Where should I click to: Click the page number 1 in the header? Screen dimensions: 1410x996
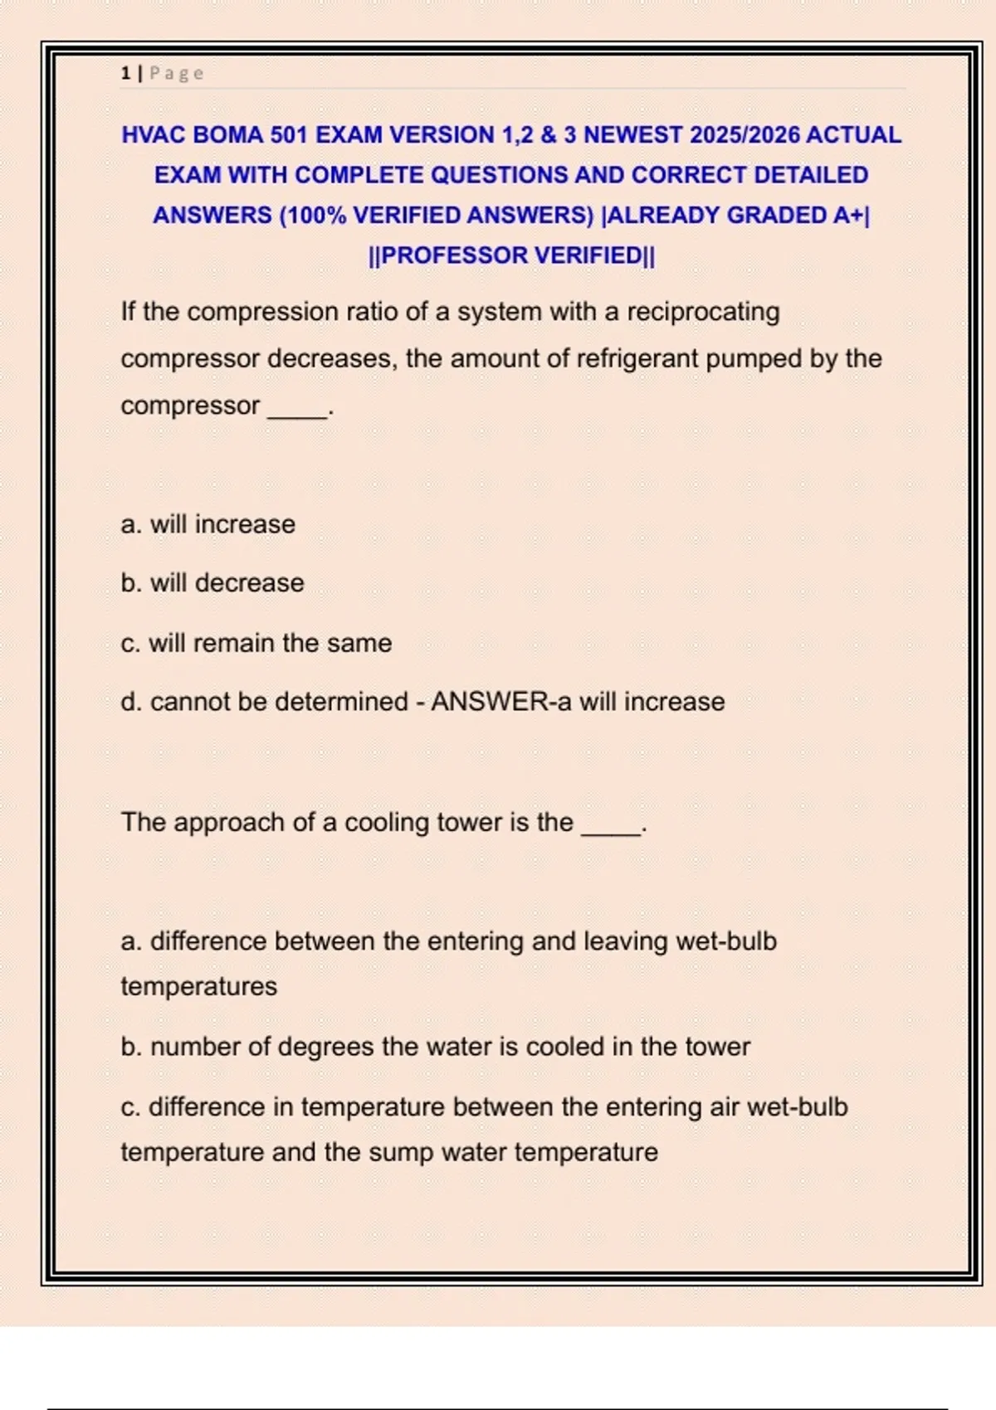(x=125, y=74)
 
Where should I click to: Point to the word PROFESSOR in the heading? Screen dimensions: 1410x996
(x=453, y=255)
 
